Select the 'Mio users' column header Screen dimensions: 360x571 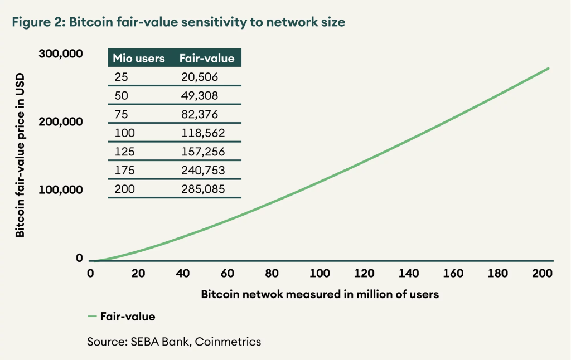(139, 59)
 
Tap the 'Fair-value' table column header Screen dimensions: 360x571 (206, 59)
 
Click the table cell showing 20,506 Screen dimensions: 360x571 (199, 77)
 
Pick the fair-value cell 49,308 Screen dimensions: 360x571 (200, 95)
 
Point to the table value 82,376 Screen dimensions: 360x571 (200, 114)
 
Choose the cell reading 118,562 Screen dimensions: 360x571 (201, 133)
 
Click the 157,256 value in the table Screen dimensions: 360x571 (201, 152)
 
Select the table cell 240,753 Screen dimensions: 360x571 (202, 171)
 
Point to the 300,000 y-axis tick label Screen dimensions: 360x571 (61, 54)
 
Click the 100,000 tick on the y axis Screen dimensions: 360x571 (61, 189)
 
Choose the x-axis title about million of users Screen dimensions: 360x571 (320, 294)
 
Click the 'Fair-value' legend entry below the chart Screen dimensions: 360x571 (122, 317)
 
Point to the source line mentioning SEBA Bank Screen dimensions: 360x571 (173, 342)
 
